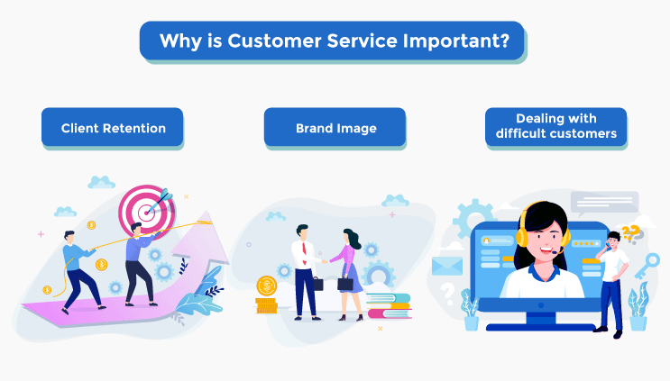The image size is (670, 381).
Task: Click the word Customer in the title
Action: [274, 41]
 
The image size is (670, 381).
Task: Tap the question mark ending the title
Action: [505, 41]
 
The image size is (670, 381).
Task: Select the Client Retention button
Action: [113, 127]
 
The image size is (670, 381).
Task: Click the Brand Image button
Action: [335, 127]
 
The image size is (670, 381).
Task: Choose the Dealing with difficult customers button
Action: [555, 126]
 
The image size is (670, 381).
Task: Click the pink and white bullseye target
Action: [147, 212]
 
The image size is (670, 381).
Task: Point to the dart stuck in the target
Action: [160, 202]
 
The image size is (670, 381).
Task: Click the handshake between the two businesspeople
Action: [325, 261]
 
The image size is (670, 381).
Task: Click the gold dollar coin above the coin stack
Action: [267, 286]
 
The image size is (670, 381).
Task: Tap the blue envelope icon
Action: [447, 266]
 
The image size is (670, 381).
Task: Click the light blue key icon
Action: [647, 266]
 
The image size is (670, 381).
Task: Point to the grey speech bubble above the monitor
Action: [604, 203]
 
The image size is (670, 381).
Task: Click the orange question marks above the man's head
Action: [630, 233]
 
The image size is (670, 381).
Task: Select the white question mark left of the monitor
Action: [447, 294]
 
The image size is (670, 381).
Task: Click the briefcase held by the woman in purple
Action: [345, 284]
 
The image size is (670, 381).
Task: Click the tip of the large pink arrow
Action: [207, 211]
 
